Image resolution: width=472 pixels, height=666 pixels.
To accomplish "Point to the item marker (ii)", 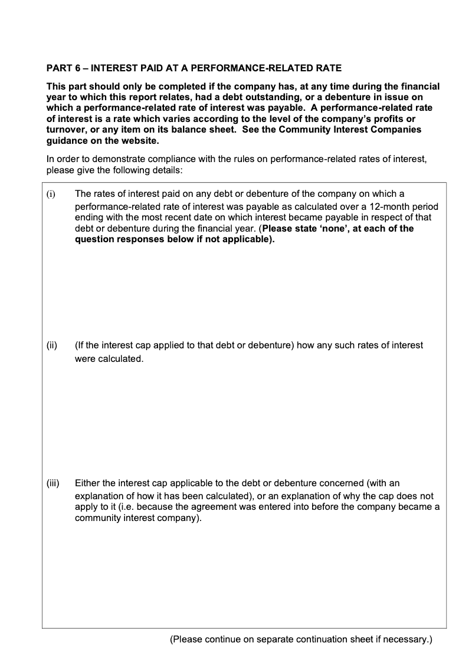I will pyautogui.click(x=52, y=345).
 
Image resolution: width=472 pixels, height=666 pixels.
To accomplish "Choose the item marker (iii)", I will pyautogui.click(x=53, y=483).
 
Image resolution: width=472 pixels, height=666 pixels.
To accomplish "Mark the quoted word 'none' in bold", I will pyautogui.click(x=348, y=229).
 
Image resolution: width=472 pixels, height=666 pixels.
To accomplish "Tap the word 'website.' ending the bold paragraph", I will pyautogui.click(x=140, y=141).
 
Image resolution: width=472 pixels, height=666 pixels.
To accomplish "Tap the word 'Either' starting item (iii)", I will pyautogui.click(x=87, y=483).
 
